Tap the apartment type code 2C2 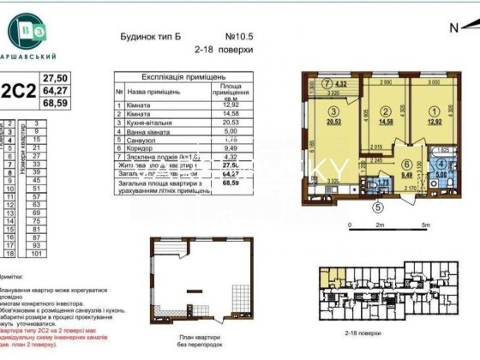point(18,88)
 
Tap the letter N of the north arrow point(453,27)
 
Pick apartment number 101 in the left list point(36,253)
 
